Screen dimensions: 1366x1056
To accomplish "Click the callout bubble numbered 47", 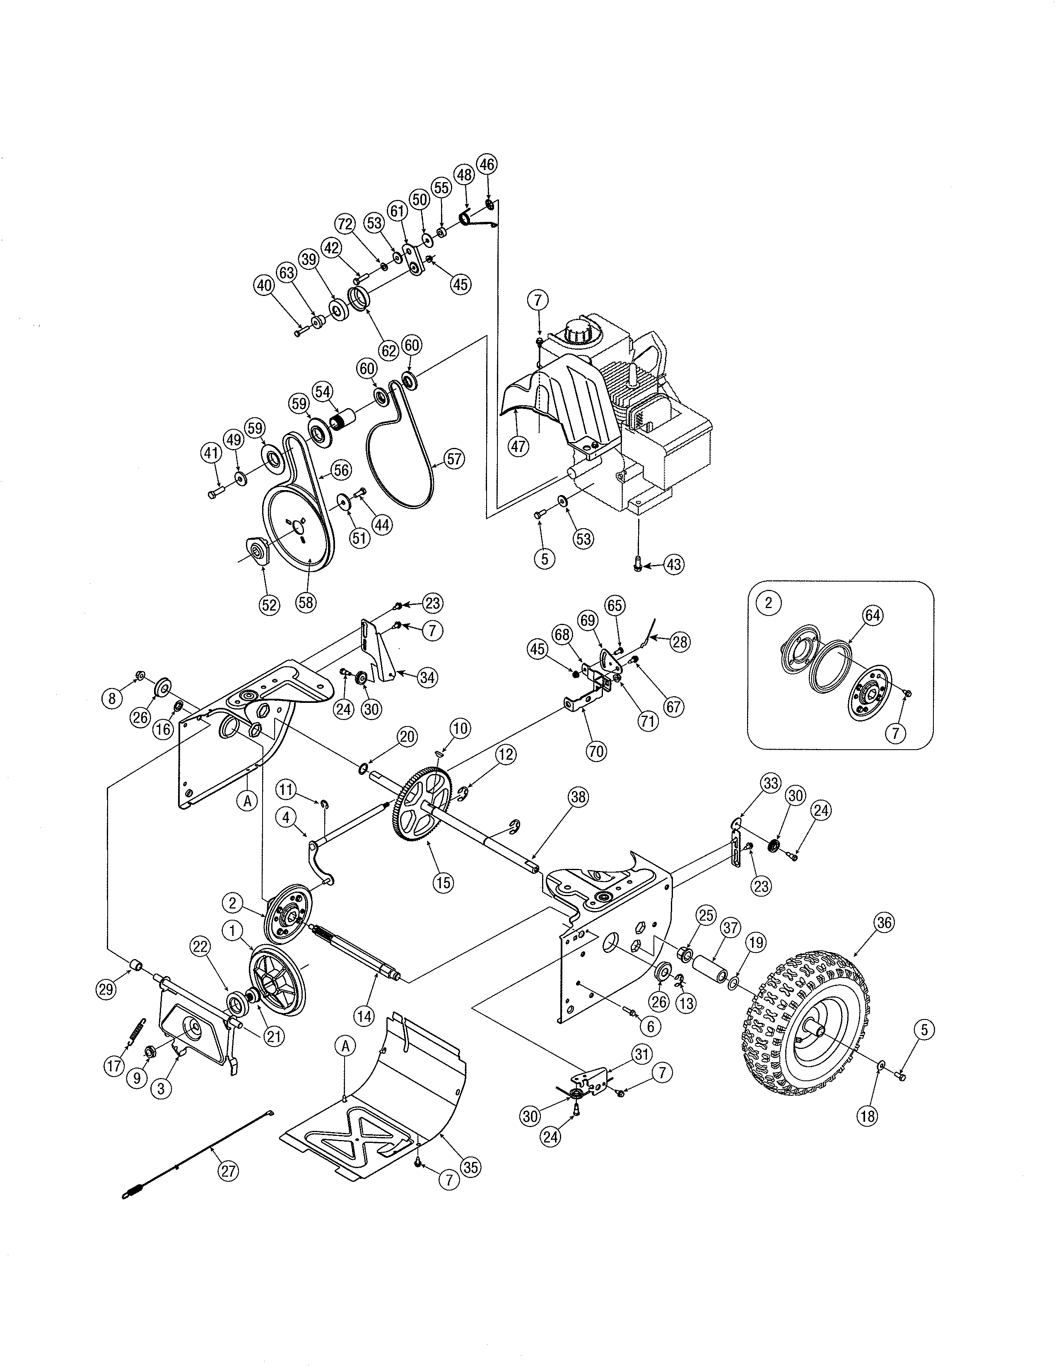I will [x=518, y=446].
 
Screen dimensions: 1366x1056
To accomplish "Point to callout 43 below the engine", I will [x=673, y=565].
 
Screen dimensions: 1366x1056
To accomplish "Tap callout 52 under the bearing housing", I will [x=270, y=605].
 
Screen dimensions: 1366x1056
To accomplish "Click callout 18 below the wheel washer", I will [x=867, y=1116].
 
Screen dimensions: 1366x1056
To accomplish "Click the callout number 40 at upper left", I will [x=265, y=285].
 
